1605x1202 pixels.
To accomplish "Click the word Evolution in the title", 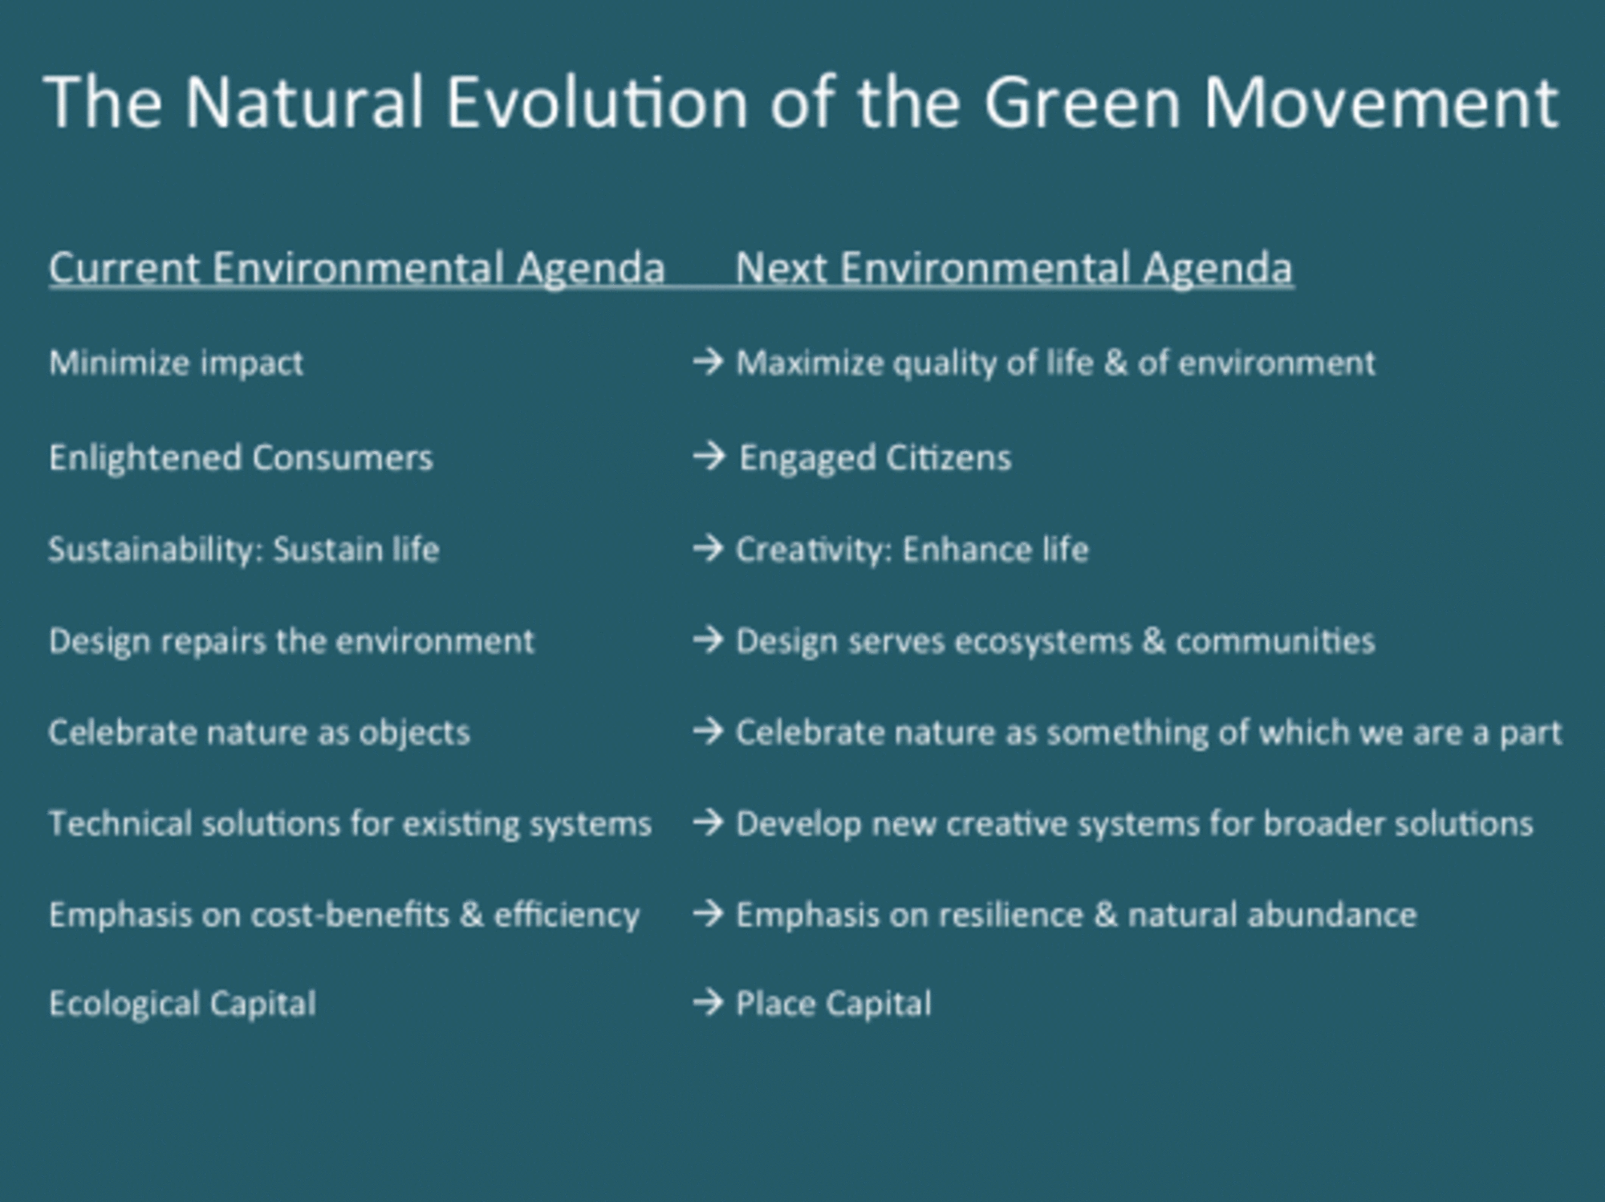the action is point(597,103).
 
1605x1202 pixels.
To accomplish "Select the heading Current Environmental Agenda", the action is point(357,269).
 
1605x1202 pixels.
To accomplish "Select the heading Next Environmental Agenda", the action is point(1014,269).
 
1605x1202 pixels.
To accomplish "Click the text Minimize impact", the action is point(177,363).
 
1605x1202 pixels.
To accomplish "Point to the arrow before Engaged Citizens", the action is point(709,457).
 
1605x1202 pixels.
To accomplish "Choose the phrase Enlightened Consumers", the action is point(241,458).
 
